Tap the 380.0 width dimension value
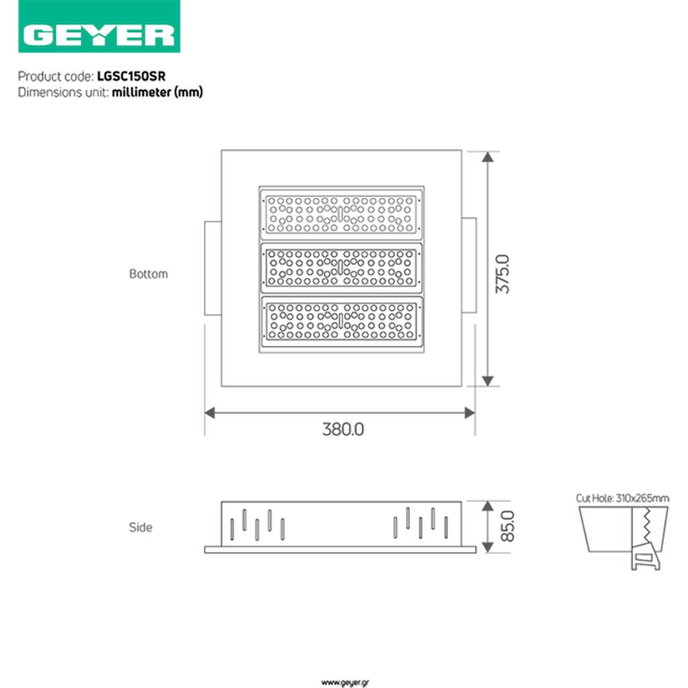[343, 429]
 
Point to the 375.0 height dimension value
[503, 273]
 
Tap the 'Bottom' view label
[148, 274]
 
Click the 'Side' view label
[140, 527]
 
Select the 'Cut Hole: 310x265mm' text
[622, 498]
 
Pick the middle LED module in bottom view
[341, 267]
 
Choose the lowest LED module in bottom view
[341, 321]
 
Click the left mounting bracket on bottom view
[213, 267]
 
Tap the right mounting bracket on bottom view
[469, 265]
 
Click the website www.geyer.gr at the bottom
[345, 682]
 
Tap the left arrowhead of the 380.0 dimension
[210, 413]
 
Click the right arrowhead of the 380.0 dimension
[470, 413]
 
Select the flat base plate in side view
[340, 550]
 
